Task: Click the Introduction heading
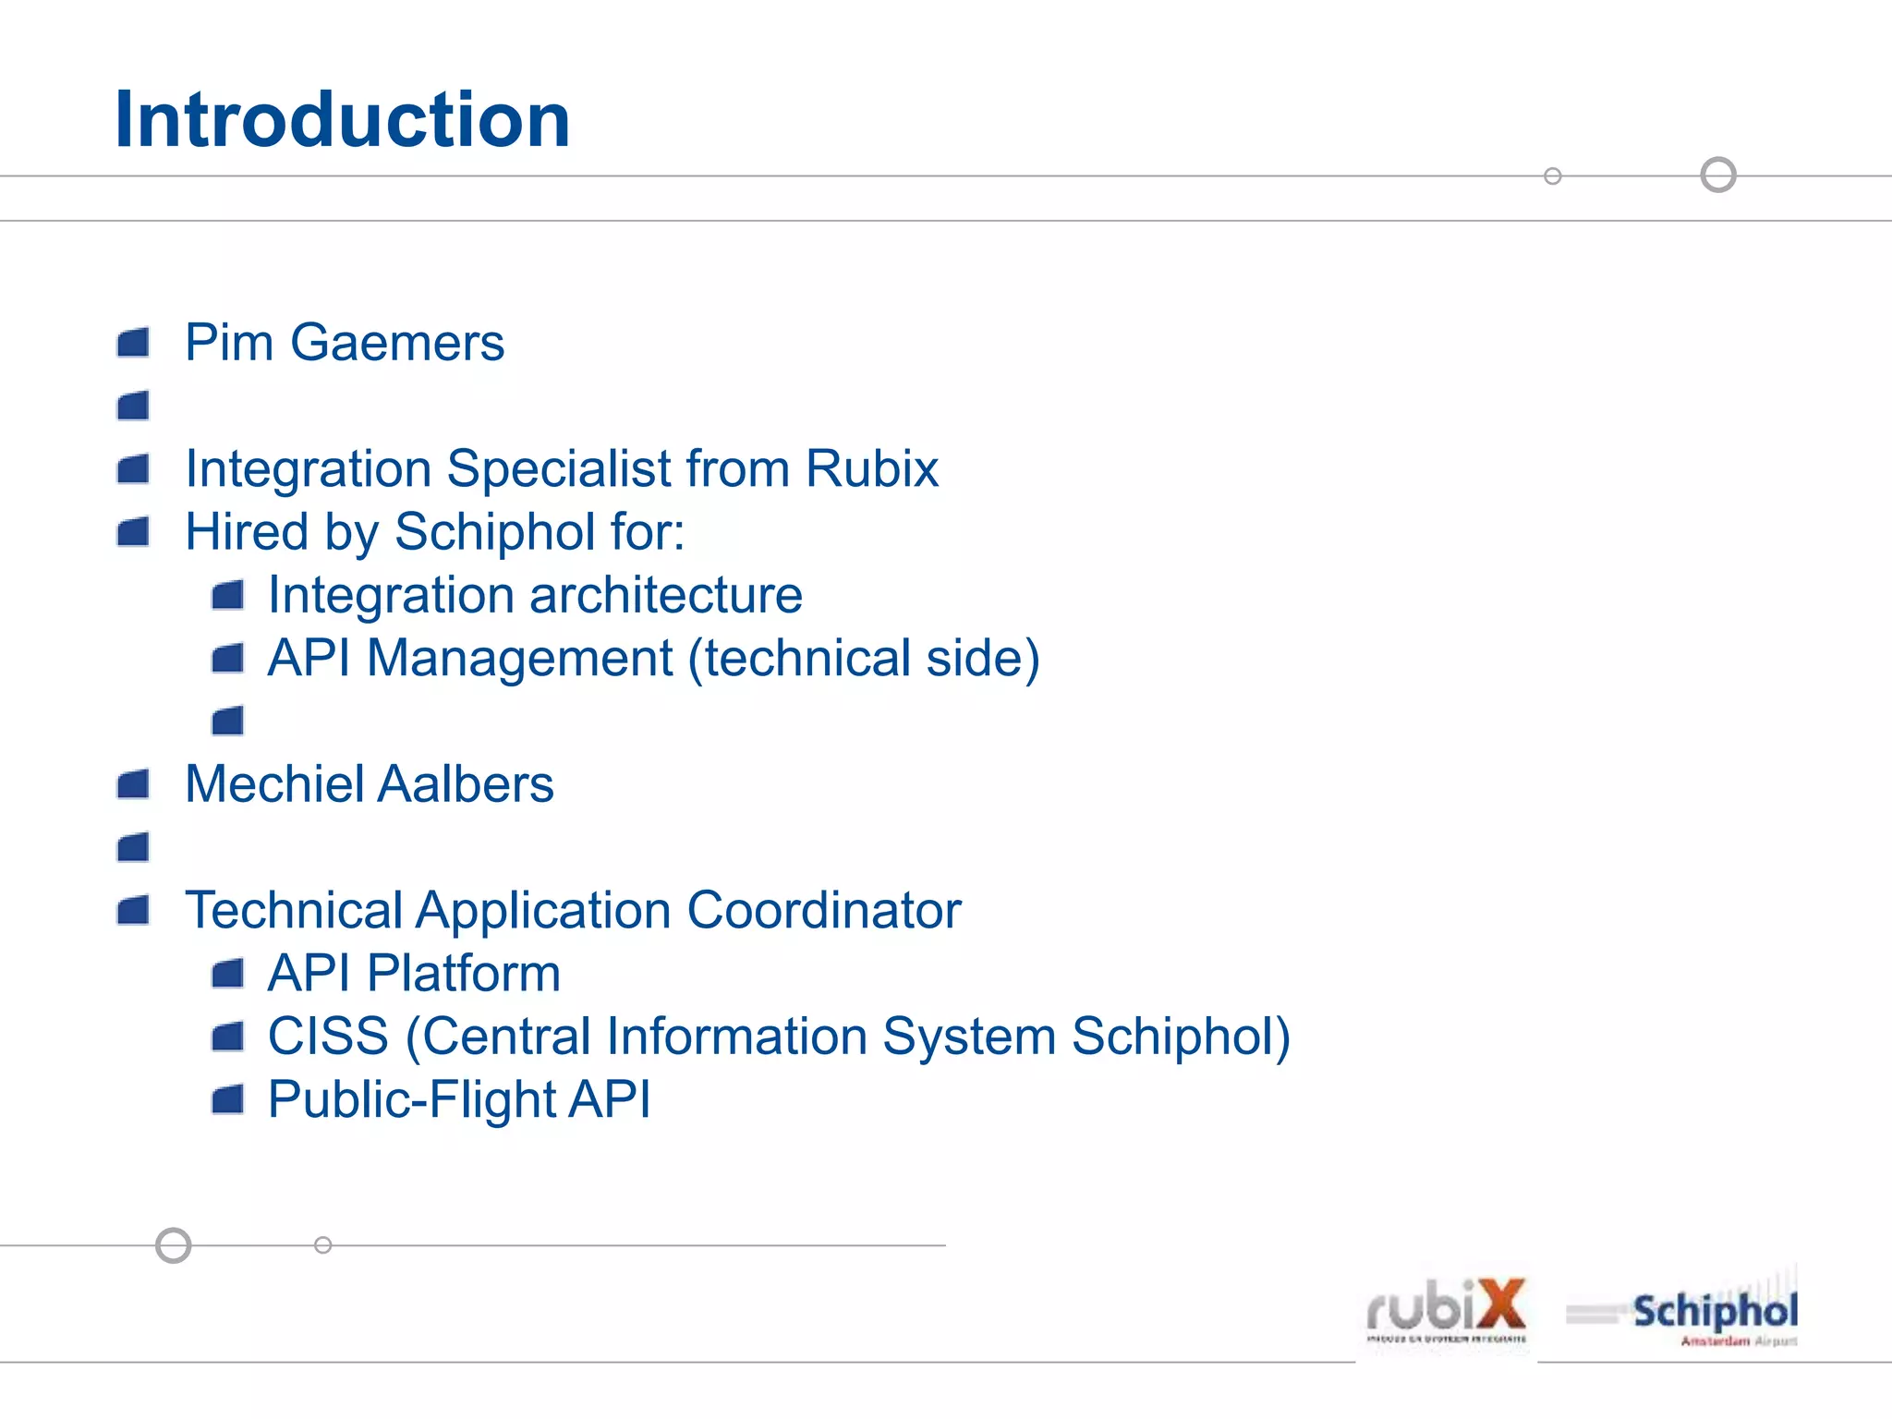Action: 342,120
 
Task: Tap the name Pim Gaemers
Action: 344,343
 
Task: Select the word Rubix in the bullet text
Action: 871,468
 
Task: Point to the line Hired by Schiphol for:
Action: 434,533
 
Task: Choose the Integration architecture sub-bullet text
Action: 535,595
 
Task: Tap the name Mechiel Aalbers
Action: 369,784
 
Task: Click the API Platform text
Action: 414,974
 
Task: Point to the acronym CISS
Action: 328,1037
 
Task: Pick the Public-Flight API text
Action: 459,1099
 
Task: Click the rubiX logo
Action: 1447,1310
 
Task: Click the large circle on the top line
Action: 1718,175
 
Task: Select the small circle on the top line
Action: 1553,176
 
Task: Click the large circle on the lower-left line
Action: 173,1245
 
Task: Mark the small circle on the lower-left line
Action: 322,1245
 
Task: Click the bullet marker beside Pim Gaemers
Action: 133,343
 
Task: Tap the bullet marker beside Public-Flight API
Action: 227,1099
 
